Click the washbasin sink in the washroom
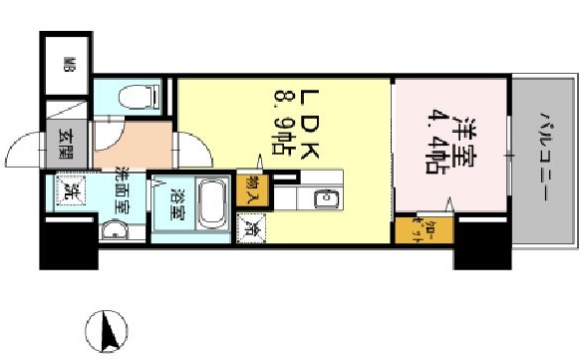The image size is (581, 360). point(112,231)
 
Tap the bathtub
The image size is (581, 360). point(211,206)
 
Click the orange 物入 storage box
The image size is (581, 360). point(251,189)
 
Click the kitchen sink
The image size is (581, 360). point(326,199)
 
